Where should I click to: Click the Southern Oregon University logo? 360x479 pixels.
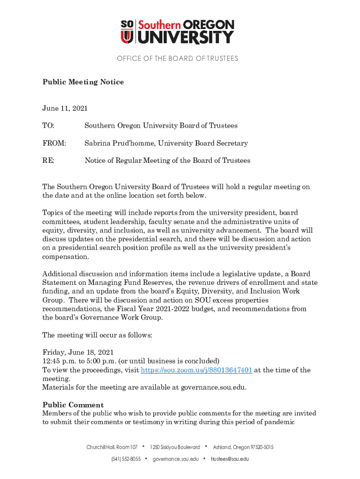[x=178, y=31]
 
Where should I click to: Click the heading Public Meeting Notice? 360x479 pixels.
[x=83, y=82]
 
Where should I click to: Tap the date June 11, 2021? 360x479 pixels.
[x=65, y=109]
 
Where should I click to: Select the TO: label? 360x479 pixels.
[x=48, y=126]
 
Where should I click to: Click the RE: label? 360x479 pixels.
[x=48, y=160]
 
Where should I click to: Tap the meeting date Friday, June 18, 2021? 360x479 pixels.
[x=78, y=352]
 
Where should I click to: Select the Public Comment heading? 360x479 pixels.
[x=73, y=405]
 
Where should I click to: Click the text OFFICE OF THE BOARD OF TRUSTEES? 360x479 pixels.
[x=178, y=58]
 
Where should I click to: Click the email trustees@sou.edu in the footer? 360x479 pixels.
[x=230, y=459]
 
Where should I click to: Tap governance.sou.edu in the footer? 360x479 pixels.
[x=176, y=459]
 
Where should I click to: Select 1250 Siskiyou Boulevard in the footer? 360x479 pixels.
[x=174, y=448]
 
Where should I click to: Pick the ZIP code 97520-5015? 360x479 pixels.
[x=259, y=448]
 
